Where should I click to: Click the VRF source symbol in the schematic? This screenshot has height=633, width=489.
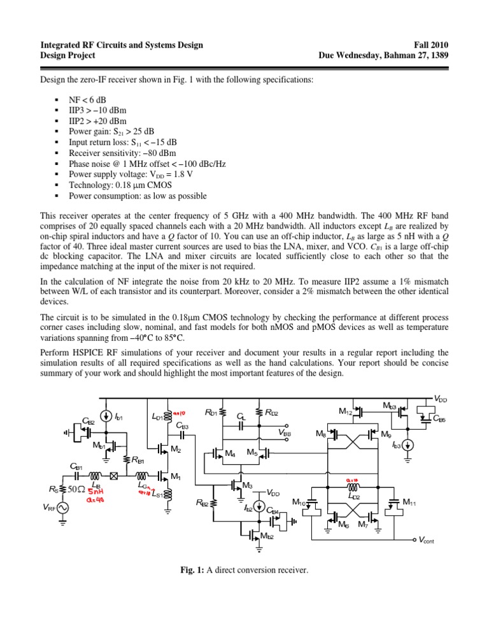pyautogui.click(x=62, y=508)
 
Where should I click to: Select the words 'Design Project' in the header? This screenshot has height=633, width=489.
pyautogui.click(x=67, y=55)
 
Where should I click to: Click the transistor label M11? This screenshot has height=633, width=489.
pyautogui.click(x=411, y=502)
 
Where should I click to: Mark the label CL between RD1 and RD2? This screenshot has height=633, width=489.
pyautogui.click(x=241, y=416)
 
